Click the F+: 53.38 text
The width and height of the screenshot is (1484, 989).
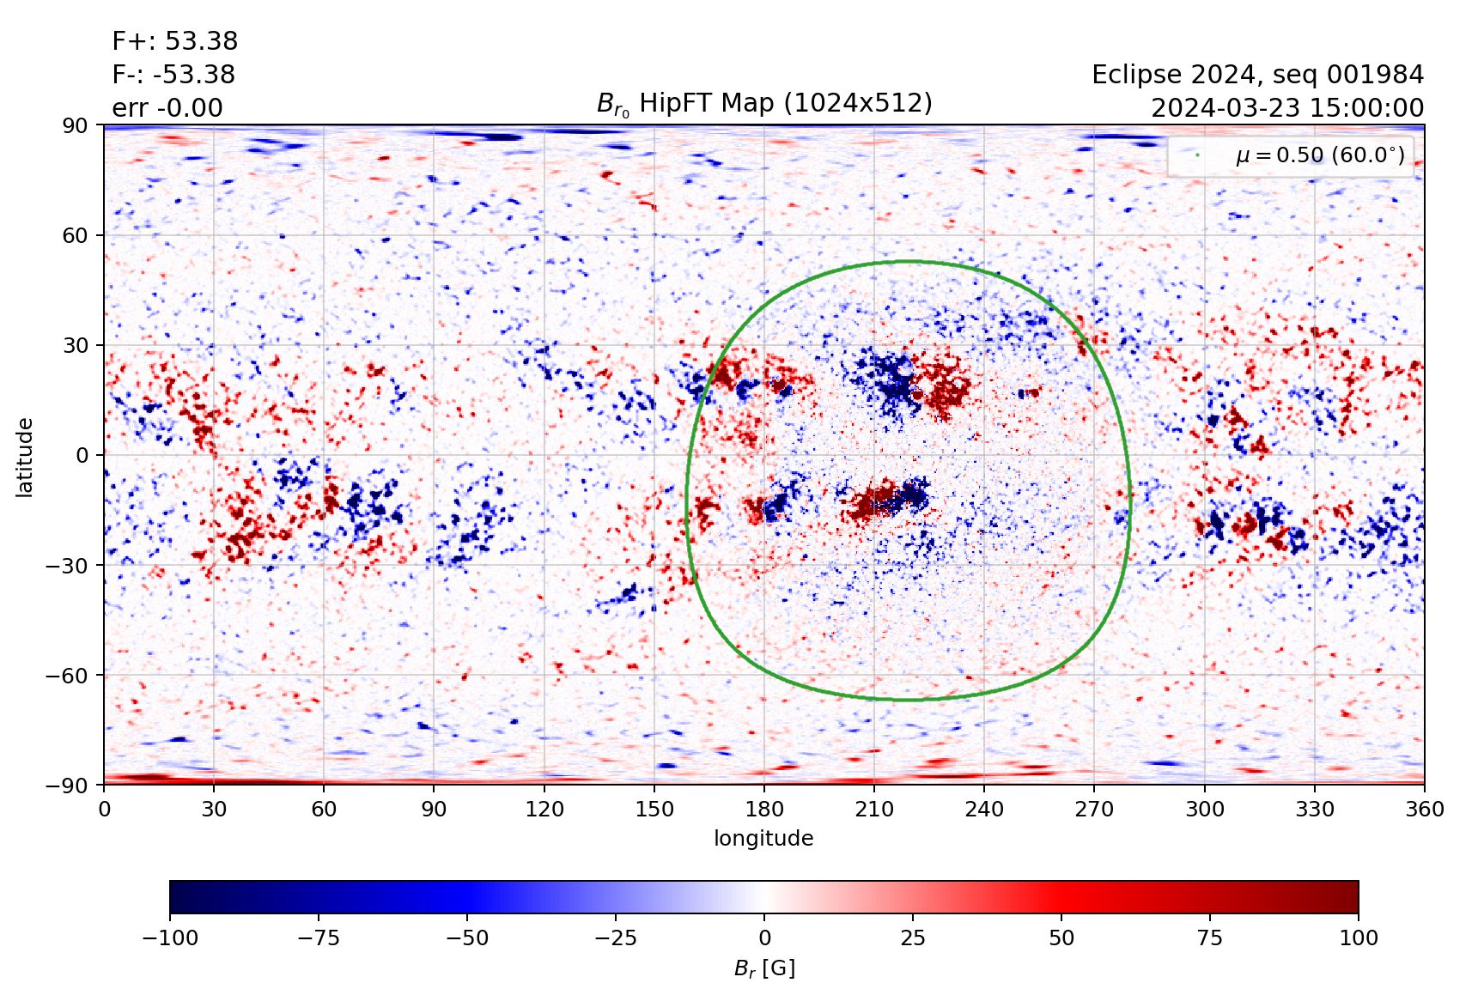point(174,41)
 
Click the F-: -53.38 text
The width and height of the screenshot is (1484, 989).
point(173,75)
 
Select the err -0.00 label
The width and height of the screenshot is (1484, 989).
point(167,108)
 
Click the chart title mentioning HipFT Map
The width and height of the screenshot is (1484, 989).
point(764,104)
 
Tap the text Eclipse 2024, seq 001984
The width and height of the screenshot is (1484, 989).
point(1257,75)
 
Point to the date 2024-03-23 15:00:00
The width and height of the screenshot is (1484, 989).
point(1286,108)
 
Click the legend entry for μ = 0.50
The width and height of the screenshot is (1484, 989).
point(1319,155)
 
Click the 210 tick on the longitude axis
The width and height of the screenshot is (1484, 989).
point(874,809)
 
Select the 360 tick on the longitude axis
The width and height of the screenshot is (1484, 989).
point(1425,809)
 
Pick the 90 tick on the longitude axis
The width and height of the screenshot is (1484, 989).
point(434,809)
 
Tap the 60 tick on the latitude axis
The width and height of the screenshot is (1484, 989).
point(76,235)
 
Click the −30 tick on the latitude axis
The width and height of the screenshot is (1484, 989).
point(70,565)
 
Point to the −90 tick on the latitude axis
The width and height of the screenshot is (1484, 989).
point(70,785)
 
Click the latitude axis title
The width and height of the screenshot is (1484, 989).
point(25,457)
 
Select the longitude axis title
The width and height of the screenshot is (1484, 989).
point(763,838)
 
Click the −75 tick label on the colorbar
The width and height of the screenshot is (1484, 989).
point(319,937)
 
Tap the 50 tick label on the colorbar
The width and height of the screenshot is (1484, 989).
point(1061,937)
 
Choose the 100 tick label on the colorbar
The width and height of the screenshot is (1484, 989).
point(1358,937)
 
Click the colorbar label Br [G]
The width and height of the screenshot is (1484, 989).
point(764,968)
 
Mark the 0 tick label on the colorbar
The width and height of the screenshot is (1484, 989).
point(764,937)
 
